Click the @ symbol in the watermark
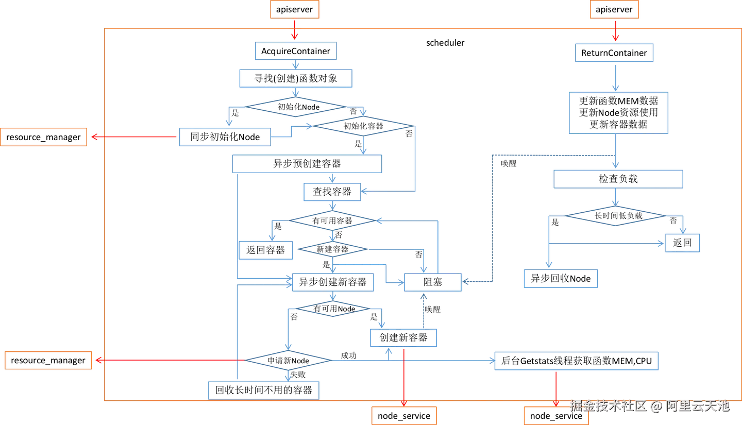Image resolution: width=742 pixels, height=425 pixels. click(x=655, y=406)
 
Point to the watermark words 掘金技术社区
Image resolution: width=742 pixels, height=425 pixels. click(x=608, y=406)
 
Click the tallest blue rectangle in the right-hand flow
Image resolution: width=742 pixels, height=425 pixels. click(x=617, y=113)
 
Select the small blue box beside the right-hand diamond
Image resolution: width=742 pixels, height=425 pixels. click(x=683, y=243)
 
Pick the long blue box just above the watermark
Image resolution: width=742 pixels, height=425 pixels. click(x=577, y=362)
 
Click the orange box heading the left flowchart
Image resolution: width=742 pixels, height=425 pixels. click(x=294, y=10)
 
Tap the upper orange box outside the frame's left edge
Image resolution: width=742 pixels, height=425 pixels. click(x=44, y=138)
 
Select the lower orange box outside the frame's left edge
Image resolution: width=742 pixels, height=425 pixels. click(x=49, y=361)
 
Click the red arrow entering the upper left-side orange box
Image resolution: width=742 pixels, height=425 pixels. click(x=134, y=137)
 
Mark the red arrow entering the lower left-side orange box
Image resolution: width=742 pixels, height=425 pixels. click(x=165, y=361)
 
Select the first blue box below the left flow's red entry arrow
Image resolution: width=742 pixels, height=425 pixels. click(x=295, y=52)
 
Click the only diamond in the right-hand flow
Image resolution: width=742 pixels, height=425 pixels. click(x=615, y=216)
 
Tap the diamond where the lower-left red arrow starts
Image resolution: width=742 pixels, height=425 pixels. click(x=288, y=360)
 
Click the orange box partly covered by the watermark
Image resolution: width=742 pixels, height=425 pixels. click(x=556, y=415)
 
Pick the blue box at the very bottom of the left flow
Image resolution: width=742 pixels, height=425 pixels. click(x=264, y=389)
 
